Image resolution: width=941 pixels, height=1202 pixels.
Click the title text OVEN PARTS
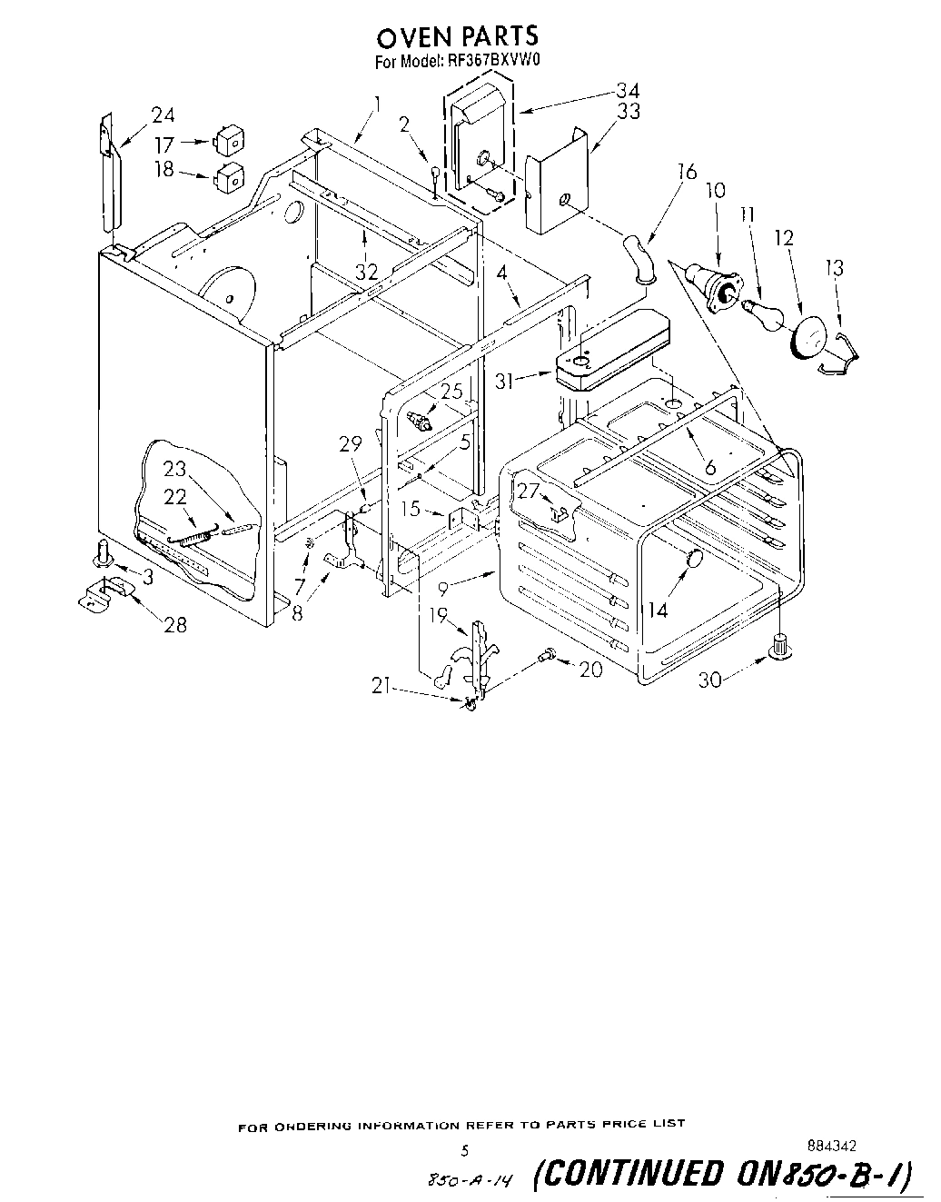pyautogui.click(x=457, y=36)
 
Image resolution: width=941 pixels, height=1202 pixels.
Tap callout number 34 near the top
pyautogui.click(x=628, y=91)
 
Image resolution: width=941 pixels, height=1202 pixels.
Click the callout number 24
pyautogui.click(x=163, y=115)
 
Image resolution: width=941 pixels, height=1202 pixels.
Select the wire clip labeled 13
pyautogui.click(x=840, y=350)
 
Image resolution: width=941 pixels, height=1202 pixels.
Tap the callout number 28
pyautogui.click(x=175, y=624)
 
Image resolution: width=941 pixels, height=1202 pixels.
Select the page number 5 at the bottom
pyautogui.click(x=464, y=1150)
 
